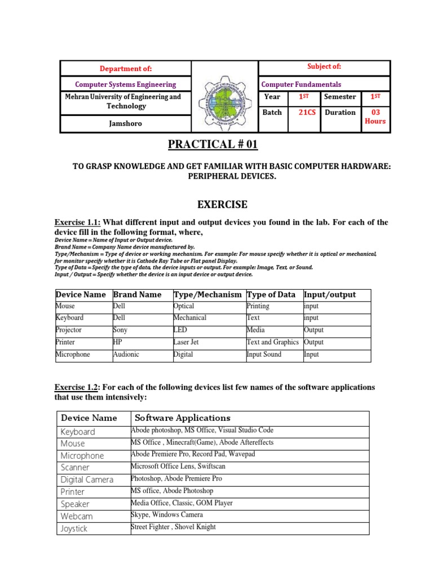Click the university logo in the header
(x=224, y=97)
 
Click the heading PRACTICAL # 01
(x=213, y=145)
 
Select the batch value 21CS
(x=307, y=113)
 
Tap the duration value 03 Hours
(x=375, y=117)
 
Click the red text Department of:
(x=126, y=69)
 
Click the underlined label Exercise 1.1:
(x=77, y=223)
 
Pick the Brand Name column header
(x=137, y=295)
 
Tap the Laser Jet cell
(x=186, y=343)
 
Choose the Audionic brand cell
(x=127, y=355)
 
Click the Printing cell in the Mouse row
(x=258, y=307)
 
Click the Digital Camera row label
(x=87, y=480)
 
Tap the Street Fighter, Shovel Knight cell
(x=173, y=527)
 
